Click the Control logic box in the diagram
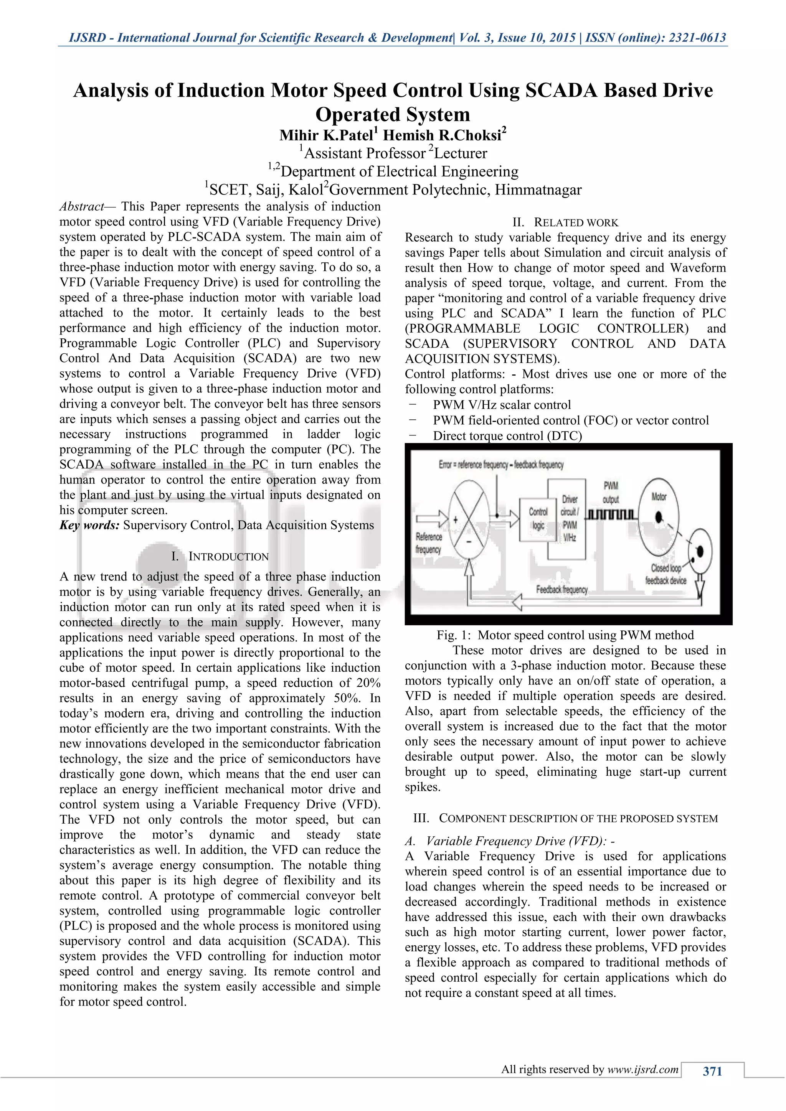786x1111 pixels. pyautogui.click(x=537, y=519)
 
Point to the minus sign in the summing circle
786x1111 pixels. pyautogui.click(x=469, y=542)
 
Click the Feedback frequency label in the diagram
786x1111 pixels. pyautogui.click(x=561, y=589)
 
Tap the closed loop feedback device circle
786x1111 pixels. pyautogui.click(x=699, y=552)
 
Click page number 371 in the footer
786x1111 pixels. pyautogui.click(x=712, y=1071)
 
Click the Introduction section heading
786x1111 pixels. pyautogui.click(x=220, y=557)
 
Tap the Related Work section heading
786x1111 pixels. pyautogui.click(x=565, y=223)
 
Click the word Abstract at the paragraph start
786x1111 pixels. pyautogui.click(x=81, y=207)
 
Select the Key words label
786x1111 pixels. pyautogui.click(x=89, y=526)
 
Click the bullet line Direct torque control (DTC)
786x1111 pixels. pyautogui.click(x=507, y=436)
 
